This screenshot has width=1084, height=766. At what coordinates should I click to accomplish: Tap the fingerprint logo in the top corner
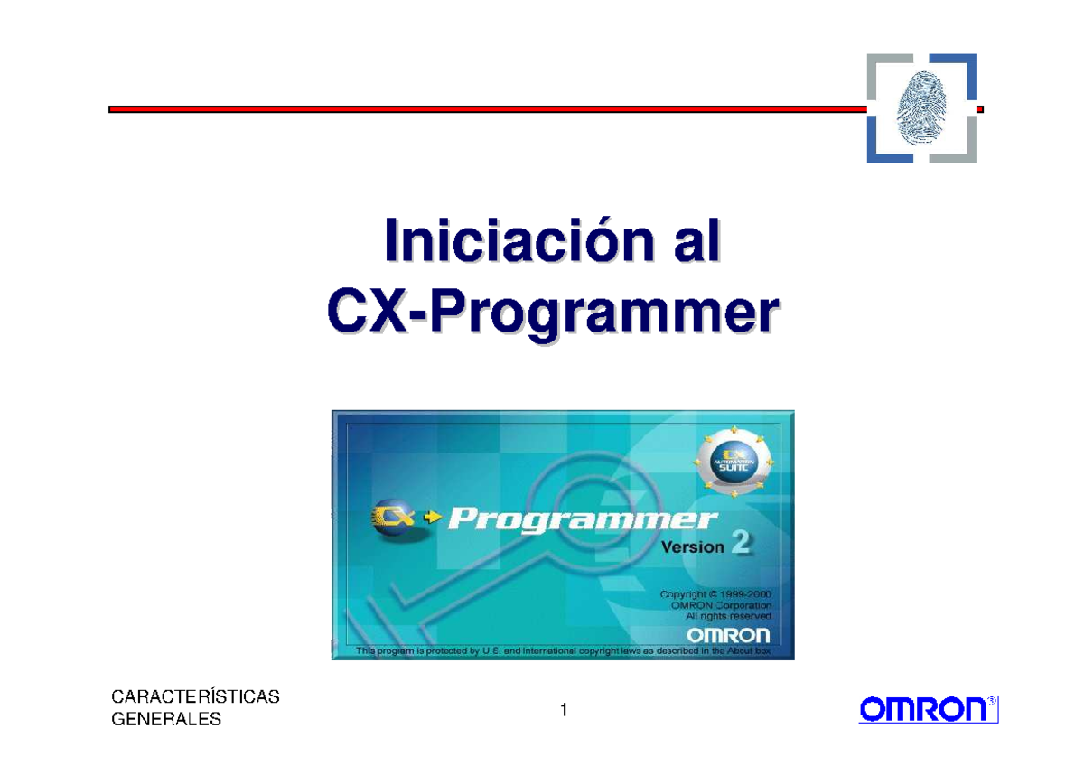920,107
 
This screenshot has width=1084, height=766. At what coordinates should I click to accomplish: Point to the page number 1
563,711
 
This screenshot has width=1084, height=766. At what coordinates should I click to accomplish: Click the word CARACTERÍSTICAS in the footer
194,697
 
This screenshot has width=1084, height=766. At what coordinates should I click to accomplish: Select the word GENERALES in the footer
165,720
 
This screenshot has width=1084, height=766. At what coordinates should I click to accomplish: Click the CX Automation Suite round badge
734,459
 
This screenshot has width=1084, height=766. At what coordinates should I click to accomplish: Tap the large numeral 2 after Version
740,545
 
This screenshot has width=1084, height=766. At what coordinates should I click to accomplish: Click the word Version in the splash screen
693,547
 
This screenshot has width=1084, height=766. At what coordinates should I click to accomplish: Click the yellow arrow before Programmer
433,518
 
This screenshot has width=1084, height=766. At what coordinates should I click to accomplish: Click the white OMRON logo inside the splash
728,634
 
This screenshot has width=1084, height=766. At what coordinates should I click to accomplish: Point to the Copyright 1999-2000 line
715,594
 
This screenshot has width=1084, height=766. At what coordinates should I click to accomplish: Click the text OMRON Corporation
721,605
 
